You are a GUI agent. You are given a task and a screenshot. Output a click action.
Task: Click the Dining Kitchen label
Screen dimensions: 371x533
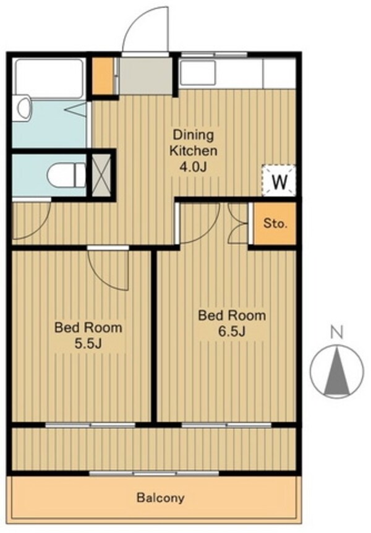click(193, 143)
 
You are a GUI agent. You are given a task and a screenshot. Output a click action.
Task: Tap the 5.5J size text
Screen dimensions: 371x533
click(88, 344)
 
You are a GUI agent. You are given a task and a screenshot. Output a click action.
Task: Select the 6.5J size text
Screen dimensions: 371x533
click(232, 331)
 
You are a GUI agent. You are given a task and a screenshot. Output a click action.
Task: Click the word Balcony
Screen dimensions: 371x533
click(161, 498)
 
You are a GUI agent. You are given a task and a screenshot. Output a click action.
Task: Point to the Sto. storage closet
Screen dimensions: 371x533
click(275, 224)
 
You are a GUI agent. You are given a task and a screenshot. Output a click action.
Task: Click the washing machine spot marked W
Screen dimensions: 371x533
click(279, 181)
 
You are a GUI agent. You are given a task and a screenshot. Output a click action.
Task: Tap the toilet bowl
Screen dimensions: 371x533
click(67, 175)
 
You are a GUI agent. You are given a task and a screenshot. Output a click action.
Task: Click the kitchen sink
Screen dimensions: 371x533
click(198, 73)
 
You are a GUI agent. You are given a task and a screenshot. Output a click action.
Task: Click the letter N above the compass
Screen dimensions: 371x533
click(337, 333)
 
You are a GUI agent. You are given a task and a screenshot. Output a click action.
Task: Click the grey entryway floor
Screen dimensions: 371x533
click(145, 75)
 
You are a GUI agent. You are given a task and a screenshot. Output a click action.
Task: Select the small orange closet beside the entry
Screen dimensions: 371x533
click(103, 76)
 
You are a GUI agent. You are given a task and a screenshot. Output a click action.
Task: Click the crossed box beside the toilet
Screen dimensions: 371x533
click(101, 175)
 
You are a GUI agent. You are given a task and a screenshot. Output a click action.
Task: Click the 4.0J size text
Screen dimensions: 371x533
click(193, 167)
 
